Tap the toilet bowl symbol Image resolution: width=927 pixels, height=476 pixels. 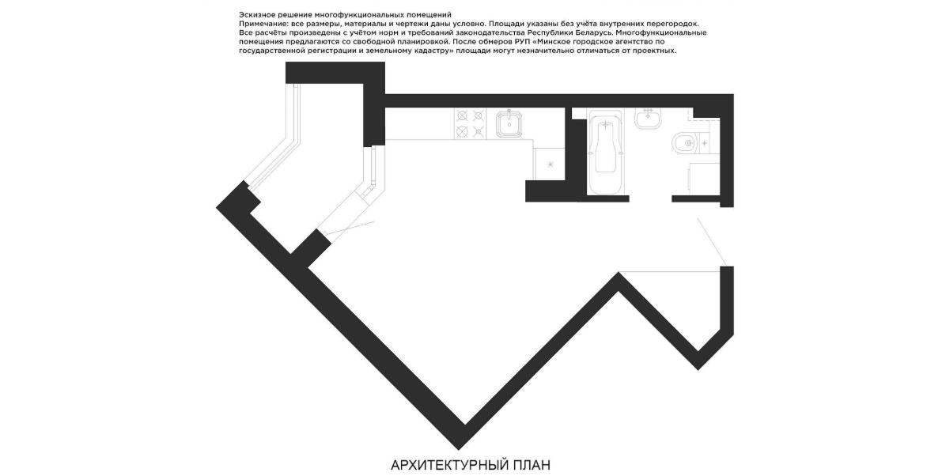click(x=683, y=142)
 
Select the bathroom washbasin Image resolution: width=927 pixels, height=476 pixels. click(x=648, y=118)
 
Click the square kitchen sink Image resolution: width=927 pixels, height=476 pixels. click(x=508, y=124)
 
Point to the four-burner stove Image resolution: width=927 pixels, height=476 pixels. click(x=470, y=123)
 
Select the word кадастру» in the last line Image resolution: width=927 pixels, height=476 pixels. click(x=434, y=51)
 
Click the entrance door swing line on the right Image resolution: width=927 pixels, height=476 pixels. click(x=712, y=240)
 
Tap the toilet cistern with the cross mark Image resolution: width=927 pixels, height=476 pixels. click(x=706, y=142)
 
